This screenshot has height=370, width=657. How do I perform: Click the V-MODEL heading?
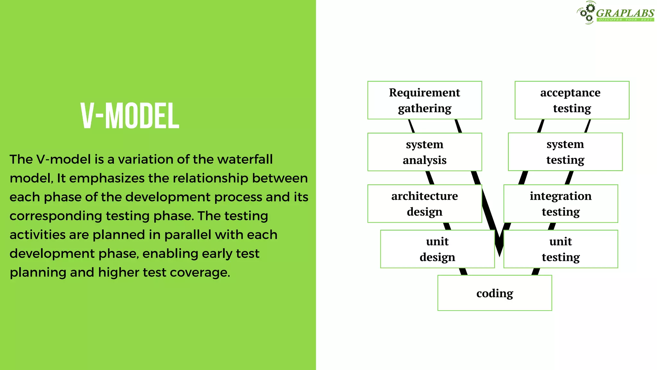pyautogui.click(x=130, y=116)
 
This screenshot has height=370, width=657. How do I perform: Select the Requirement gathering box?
pyautogui.click(x=424, y=100)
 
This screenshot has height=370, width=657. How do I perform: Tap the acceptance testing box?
pyautogui.click(x=572, y=100)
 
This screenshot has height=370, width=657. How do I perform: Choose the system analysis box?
pyautogui.click(x=424, y=152)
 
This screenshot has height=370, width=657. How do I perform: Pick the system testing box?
pyautogui.click(x=565, y=152)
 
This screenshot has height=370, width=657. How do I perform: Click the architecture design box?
pyautogui.click(x=424, y=204)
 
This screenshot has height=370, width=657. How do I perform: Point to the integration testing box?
pyautogui.click(x=560, y=204)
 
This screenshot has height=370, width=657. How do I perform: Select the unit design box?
pyautogui.click(x=437, y=249)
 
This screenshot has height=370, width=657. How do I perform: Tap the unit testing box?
pyautogui.click(x=560, y=249)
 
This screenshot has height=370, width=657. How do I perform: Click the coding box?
pyautogui.click(x=494, y=293)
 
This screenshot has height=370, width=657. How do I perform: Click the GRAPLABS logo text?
pyautogui.click(x=625, y=13)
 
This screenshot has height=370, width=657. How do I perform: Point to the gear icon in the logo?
pyautogui.click(x=587, y=12)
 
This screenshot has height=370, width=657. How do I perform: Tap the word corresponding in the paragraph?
pyautogui.click(x=55, y=216)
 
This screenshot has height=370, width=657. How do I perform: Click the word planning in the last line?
pyautogui.click(x=38, y=272)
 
